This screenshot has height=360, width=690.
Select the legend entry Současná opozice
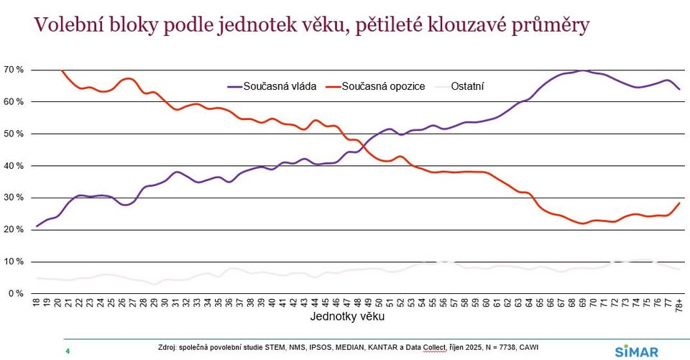tap(383, 86)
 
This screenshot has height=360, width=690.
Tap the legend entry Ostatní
tap(468, 86)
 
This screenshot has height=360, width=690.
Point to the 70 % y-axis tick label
tap(14, 70)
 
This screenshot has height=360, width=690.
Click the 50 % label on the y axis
tap(14, 134)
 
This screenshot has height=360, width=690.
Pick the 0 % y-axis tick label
tap(16, 294)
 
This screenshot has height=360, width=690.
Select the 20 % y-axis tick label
tap(14, 230)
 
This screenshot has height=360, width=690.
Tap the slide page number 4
tap(67, 351)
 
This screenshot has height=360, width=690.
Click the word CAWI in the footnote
tap(526, 348)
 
